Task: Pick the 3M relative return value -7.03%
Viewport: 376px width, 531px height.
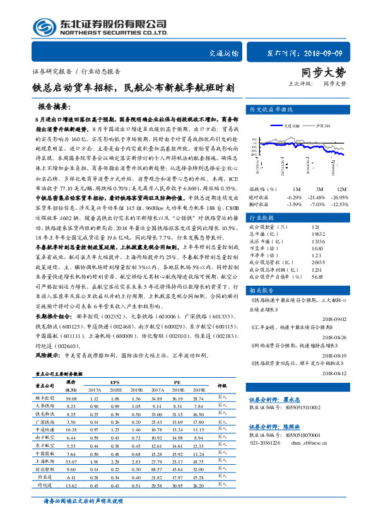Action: point(317,204)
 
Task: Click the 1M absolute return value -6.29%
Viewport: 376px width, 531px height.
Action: point(294,196)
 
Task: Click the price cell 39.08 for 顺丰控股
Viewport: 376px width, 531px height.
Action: point(71,399)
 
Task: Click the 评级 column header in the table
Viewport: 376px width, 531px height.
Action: point(221,385)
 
